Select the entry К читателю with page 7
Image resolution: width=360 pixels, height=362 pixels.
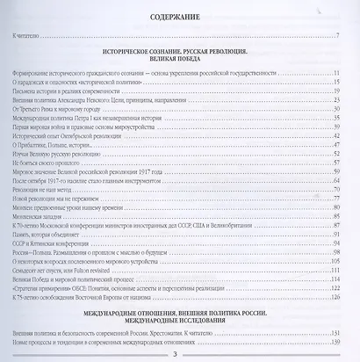29,36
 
